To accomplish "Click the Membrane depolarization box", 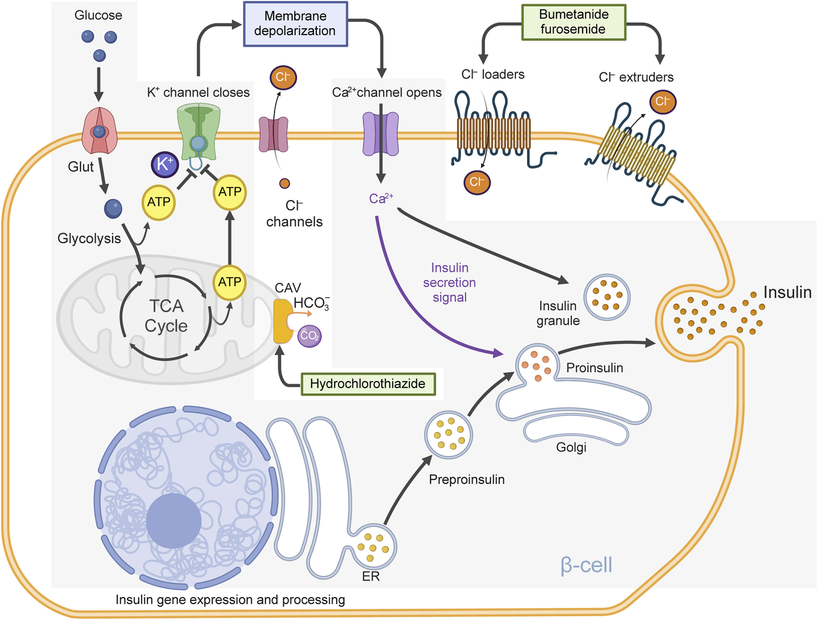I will (295, 24).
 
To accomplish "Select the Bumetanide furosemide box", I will (573, 22).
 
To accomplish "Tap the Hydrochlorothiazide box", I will (368, 384).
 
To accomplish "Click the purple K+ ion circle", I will (165, 164).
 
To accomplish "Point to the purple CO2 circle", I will (309, 336).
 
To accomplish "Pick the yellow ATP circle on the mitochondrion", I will (229, 282).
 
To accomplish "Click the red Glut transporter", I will (99, 131).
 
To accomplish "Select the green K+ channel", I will (198, 131).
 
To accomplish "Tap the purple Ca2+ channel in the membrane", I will (381, 134).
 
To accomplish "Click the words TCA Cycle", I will (166, 316).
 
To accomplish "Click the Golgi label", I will (571, 447).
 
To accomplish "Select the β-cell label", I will (586, 565).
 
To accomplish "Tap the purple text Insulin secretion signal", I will (449, 282).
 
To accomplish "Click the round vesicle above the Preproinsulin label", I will (448, 435).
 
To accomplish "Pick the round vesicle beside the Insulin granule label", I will (607, 297).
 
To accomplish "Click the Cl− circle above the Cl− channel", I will (283, 77).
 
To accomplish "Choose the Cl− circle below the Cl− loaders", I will (477, 182).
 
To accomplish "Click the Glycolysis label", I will (89, 238).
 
